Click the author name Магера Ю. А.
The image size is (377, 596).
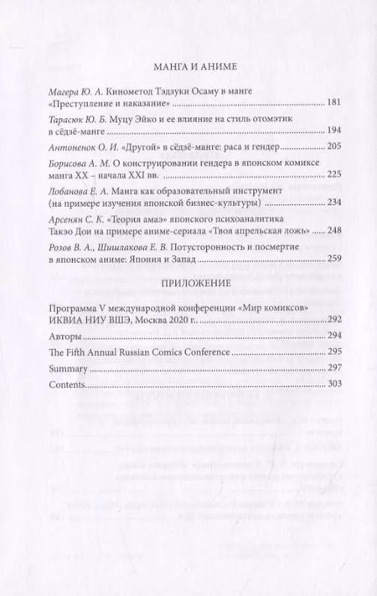[x=76, y=90]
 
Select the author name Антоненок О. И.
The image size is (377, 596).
[x=85, y=146]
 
